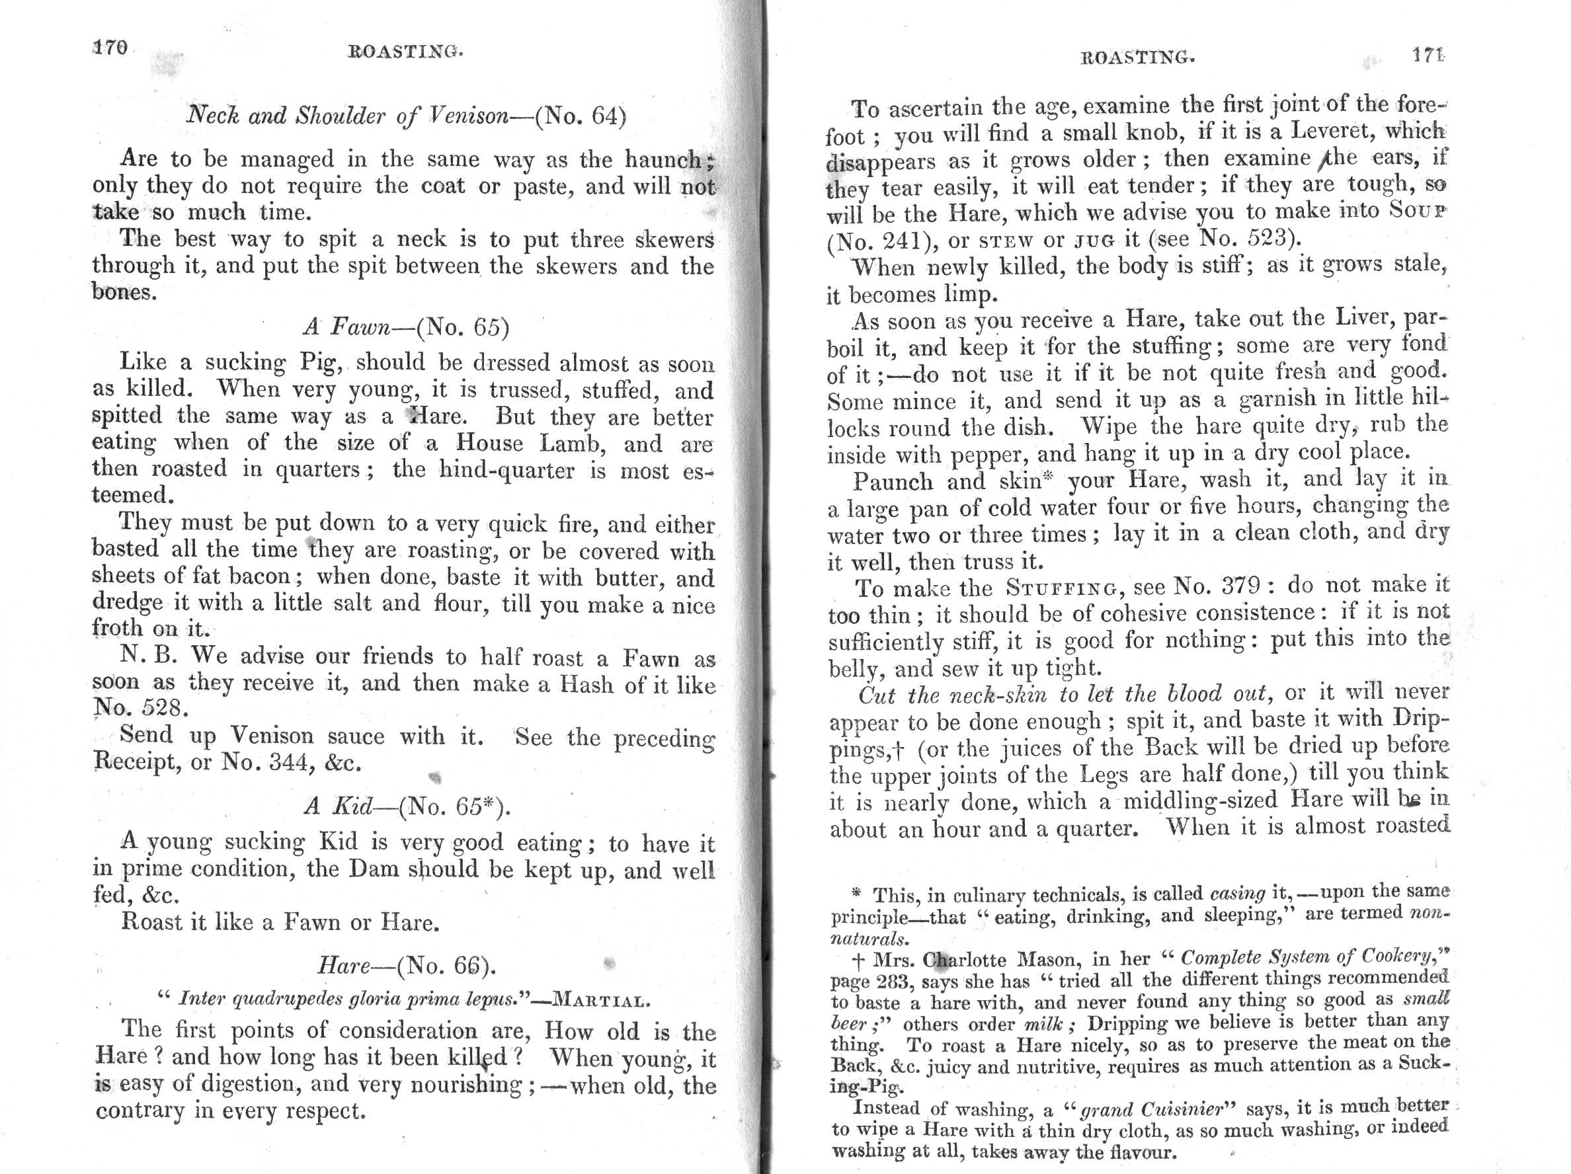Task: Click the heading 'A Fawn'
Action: (x=346, y=327)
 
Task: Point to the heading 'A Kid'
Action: (x=338, y=806)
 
